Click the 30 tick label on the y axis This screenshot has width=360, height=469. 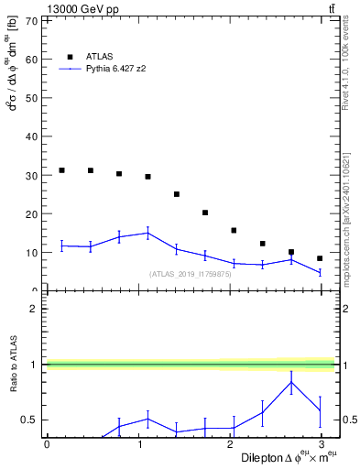tap(33, 175)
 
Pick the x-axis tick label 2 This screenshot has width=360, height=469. tap(230, 445)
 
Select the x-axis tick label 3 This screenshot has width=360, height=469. tap(322, 445)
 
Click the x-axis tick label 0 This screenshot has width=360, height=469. tap(47, 445)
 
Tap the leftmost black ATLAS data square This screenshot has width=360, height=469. tap(61, 170)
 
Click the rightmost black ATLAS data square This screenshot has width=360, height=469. tap(320, 258)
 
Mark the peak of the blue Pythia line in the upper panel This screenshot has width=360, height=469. tap(147, 233)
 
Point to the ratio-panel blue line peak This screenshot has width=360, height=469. tap(291, 382)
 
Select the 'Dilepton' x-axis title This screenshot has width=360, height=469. tap(263, 457)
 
